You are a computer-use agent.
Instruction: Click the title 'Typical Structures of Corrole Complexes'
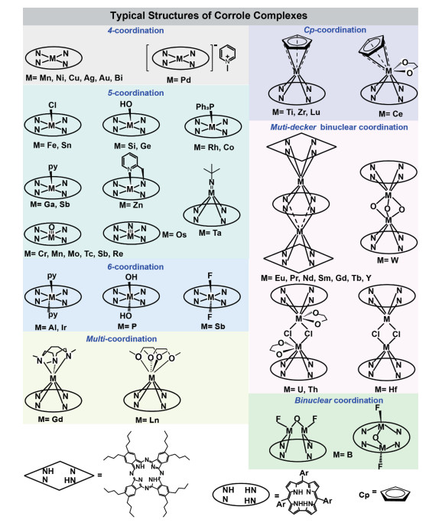pos(209,15)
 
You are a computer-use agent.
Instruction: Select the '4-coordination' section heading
pos(135,31)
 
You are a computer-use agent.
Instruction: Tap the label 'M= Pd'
pos(178,80)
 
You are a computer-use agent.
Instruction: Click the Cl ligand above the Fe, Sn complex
pos(52,105)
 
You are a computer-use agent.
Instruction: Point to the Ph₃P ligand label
pos(205,106)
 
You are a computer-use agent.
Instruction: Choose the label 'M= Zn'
pos(131,204)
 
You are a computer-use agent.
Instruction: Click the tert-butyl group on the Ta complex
pos(212,172)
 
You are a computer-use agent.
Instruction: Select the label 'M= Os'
pos(174,235)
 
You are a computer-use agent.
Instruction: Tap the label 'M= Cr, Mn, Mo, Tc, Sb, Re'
pos(73,253)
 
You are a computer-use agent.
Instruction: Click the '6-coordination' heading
pos(135,266)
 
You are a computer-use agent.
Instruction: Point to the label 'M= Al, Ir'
pos(50,328)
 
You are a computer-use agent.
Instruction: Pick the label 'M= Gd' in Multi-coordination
pos(50,420)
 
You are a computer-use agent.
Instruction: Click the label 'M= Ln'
pos(148,420)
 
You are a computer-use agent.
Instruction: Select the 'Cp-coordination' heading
pos(335,30)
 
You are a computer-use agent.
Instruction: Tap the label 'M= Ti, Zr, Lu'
pos(296,112)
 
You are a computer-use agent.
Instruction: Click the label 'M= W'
pos(388,260)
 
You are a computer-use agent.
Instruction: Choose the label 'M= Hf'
pos(386,389)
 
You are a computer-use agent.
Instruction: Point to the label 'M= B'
pos(343,455)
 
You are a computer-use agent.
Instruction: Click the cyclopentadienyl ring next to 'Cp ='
pos(395,495)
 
